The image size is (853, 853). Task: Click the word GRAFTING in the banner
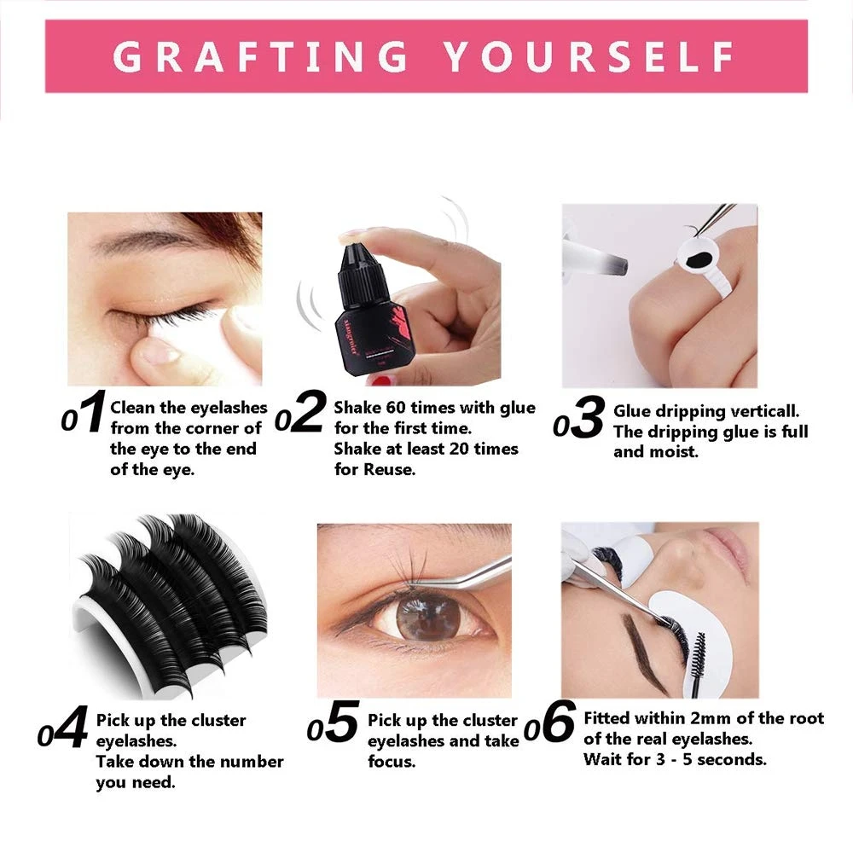pos(260,56)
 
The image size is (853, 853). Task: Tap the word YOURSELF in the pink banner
pos(589,56)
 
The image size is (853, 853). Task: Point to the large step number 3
pos(588,416)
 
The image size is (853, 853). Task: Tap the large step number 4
pos(72,727)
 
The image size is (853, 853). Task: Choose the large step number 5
pos(343,722)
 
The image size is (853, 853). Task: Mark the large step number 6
pos(558,722)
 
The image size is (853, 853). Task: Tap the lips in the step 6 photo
pos(726,544)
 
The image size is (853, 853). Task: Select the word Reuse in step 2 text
pos(388,469)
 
